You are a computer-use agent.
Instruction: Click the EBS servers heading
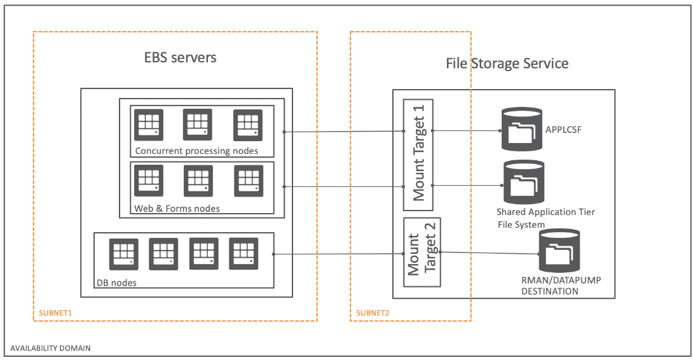coord(180,57)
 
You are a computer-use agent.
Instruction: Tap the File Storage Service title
coord(507,64)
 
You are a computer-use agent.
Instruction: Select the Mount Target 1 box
coord(418,155)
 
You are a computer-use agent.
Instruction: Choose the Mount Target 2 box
coord(423,253)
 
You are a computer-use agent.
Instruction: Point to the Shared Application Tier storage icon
coord(524,182)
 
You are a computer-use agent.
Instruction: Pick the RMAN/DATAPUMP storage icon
coord(559,251)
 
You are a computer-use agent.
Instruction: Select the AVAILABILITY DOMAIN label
coord(50,348)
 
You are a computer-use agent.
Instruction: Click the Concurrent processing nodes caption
coord(196,151)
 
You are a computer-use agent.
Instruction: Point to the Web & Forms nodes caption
coord(177,209)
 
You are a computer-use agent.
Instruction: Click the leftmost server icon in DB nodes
coord(123,254)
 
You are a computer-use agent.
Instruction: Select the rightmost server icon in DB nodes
coord(243,254)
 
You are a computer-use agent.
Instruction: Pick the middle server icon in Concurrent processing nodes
coord(197,125)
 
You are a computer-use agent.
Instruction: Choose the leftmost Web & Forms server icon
coord(149,181)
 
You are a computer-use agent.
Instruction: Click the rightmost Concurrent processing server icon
coord(247,125)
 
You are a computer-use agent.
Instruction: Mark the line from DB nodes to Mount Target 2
coord(337,254)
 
